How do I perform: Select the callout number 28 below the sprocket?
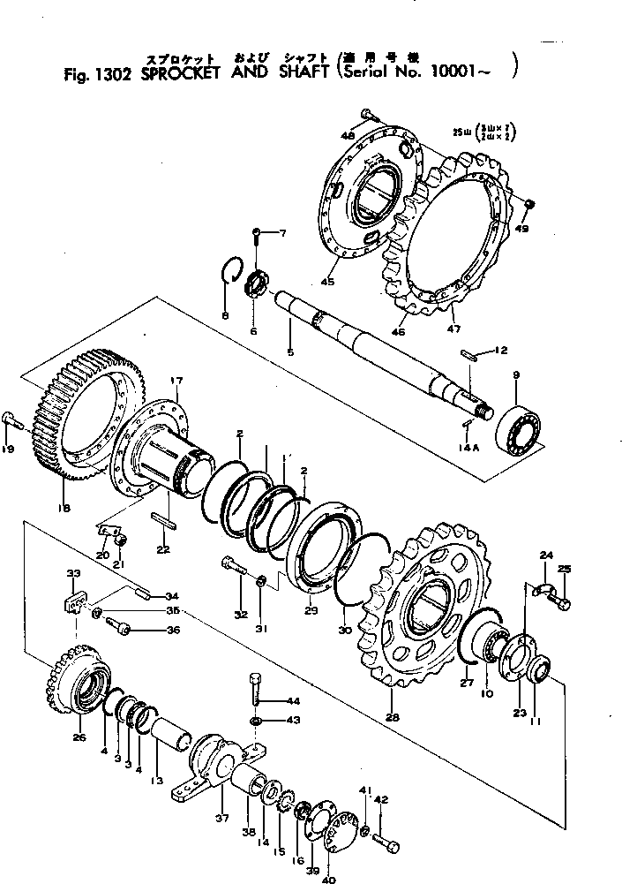392,718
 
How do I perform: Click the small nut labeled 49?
529,205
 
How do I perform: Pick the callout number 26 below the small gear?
79,737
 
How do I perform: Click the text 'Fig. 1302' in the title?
97,75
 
